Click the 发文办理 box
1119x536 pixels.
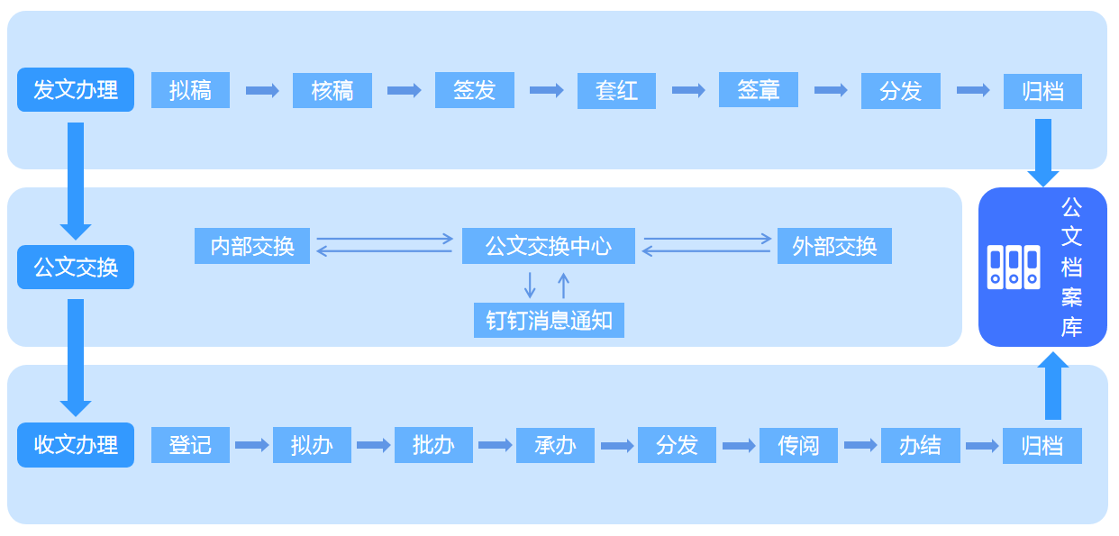[x=76, y=90]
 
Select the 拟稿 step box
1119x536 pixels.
[x=190, y=90]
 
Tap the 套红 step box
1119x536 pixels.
[x=616, y=91]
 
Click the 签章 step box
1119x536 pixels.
[x=758, y=89]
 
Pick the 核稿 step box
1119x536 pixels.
[x=332, y=90]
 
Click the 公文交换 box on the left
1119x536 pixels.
[x=76, y=268]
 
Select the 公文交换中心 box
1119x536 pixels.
[x=548, y=246]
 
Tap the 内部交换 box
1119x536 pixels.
[x=251, y=246]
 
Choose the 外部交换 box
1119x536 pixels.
[x=834, y=246]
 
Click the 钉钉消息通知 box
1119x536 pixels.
[x=549, y=320]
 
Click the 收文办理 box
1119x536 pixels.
[x=76, y=445]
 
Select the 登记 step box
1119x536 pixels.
[x=190, y=445]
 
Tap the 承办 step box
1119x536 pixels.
[x=555, y=445]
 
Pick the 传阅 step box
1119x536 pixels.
[x=798, y=445]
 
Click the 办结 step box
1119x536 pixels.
[x=920, y=445]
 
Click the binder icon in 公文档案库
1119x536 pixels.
[x=1014, y=267]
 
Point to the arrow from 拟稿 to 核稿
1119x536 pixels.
[x=262, y=90]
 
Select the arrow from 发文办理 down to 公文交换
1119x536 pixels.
[x=76, y=180]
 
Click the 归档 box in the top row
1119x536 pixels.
[x=1042, y=91]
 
